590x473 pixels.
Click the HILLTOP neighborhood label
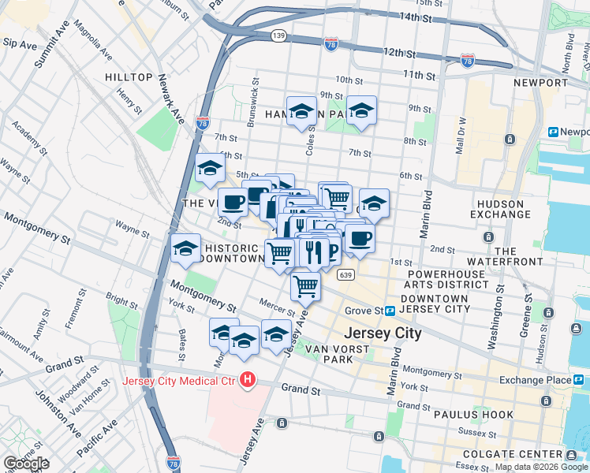click(x=128, y=76)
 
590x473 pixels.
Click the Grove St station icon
click(x=390, y=311)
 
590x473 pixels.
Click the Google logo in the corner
click(x=26, y=464)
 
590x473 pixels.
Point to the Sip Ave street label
click(x=18, y=46)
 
